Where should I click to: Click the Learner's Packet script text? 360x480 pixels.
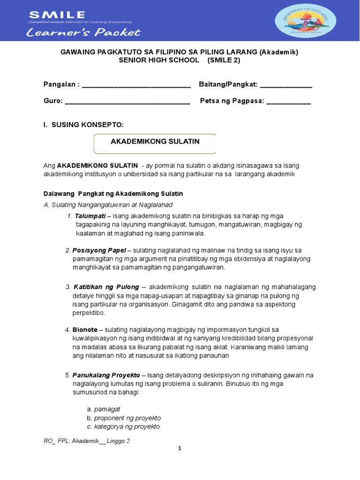click(83, 32)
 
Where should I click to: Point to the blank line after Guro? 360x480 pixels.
click(127, 101)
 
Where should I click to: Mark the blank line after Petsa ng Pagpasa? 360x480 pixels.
click(288, 101)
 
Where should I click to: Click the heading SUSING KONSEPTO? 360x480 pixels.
click(87, 124)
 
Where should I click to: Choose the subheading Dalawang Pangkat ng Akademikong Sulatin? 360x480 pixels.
click(113, 194)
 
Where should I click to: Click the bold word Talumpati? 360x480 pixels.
click(90, 216)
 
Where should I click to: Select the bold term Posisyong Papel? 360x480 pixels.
click(98, 250)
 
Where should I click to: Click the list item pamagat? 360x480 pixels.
click(107, 409)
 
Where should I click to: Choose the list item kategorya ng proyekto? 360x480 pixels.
click(127, 427)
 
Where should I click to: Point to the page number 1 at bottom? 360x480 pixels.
click(180, 449)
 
